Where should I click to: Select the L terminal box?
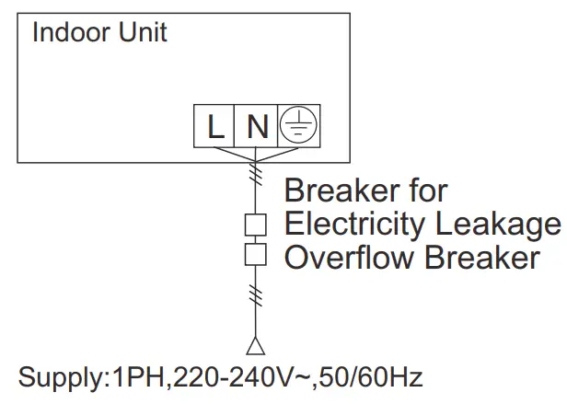(214, 126)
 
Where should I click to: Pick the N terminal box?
(258, 126)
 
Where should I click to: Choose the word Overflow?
(350, 258)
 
